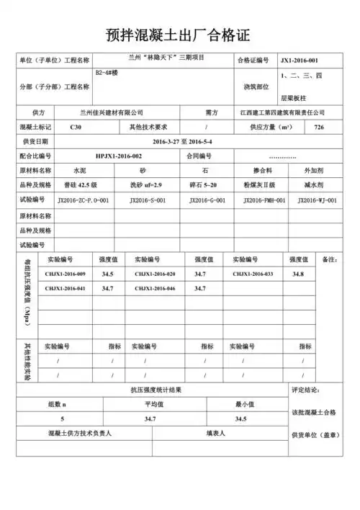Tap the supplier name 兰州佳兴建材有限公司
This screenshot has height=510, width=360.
pyautogui.click(x=112, y=113)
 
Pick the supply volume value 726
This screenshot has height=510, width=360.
pyautogui.click(x=320, y=127)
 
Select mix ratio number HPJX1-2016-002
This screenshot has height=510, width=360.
pyautogui.click(x=119, y=156)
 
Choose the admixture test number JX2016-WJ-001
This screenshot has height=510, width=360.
pyautogui.click(x=317, y=200)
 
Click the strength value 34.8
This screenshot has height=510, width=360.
pyautogui.click(x=298, y=274)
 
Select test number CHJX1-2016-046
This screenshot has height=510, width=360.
pyautogui.click(x=155, y=288)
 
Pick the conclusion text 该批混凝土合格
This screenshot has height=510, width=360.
pyautogui.click(x=314, y=412)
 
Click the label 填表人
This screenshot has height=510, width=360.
pyautogui.click(x=215, y=434)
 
